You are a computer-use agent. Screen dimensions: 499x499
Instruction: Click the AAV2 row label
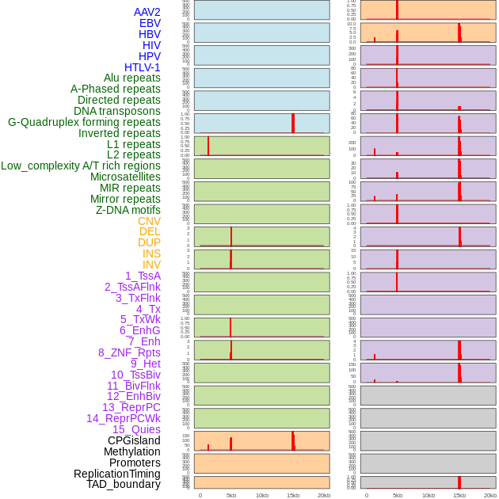[147, 12]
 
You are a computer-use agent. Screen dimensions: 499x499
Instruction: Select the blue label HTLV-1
[142, 67]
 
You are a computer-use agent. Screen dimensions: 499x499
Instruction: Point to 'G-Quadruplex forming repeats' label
[84, 122]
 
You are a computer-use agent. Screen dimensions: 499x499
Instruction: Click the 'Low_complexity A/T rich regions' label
[80, 166]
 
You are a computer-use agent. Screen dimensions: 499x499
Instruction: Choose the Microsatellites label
[125, 177]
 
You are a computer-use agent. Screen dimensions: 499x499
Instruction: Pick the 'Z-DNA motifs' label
[128, 210]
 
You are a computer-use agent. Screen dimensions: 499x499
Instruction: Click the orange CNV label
[149, 221]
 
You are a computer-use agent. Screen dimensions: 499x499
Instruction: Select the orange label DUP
[149, 242]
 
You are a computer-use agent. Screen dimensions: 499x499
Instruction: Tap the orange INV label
[151, 265]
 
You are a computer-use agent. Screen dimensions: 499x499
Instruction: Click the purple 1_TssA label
[143, 276]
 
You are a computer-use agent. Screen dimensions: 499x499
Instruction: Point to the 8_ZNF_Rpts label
[129, 352]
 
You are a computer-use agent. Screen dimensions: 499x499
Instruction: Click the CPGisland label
[134, 440]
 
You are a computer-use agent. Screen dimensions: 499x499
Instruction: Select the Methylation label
[131, 451]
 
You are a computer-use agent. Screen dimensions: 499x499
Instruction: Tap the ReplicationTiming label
[116, 474]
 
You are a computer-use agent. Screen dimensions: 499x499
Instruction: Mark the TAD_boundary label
[123, 484]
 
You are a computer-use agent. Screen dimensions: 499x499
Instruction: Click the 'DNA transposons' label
[116, 111]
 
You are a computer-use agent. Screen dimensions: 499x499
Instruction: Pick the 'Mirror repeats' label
[125, 199]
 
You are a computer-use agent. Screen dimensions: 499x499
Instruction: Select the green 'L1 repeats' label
[133, 144]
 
